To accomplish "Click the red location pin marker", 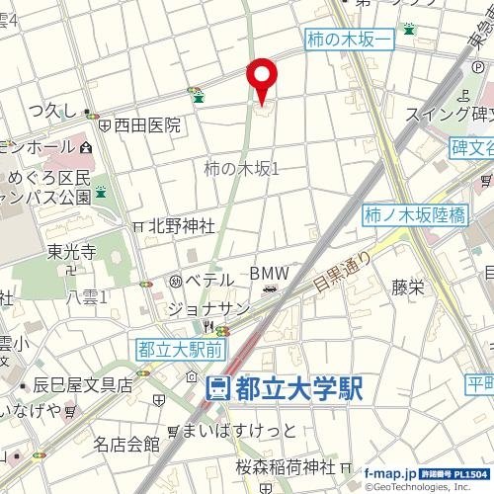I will (x=262, y=78).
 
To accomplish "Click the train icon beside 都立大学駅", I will (x=218, y=388).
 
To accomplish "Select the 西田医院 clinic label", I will (x=146, y=125).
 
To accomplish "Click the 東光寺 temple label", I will (x=69, y=252).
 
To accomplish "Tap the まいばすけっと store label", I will (x=238, y=430).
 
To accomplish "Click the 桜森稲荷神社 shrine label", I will (x=288, y=466).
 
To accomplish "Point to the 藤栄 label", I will (x=407, y=288).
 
